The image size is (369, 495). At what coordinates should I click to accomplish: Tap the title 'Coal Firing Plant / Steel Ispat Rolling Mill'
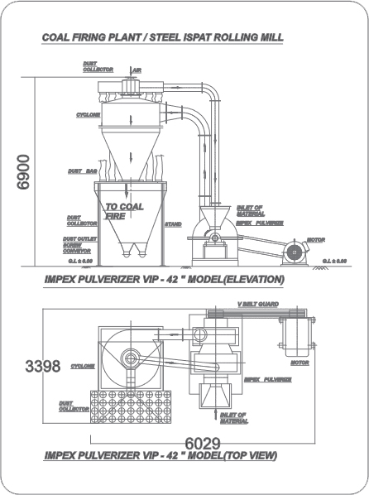click(163, 38)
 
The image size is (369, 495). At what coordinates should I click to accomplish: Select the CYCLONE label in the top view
click(83, 365)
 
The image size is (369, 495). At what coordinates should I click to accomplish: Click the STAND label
click(173, 223)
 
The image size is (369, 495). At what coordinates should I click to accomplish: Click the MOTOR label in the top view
click(300, 362)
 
